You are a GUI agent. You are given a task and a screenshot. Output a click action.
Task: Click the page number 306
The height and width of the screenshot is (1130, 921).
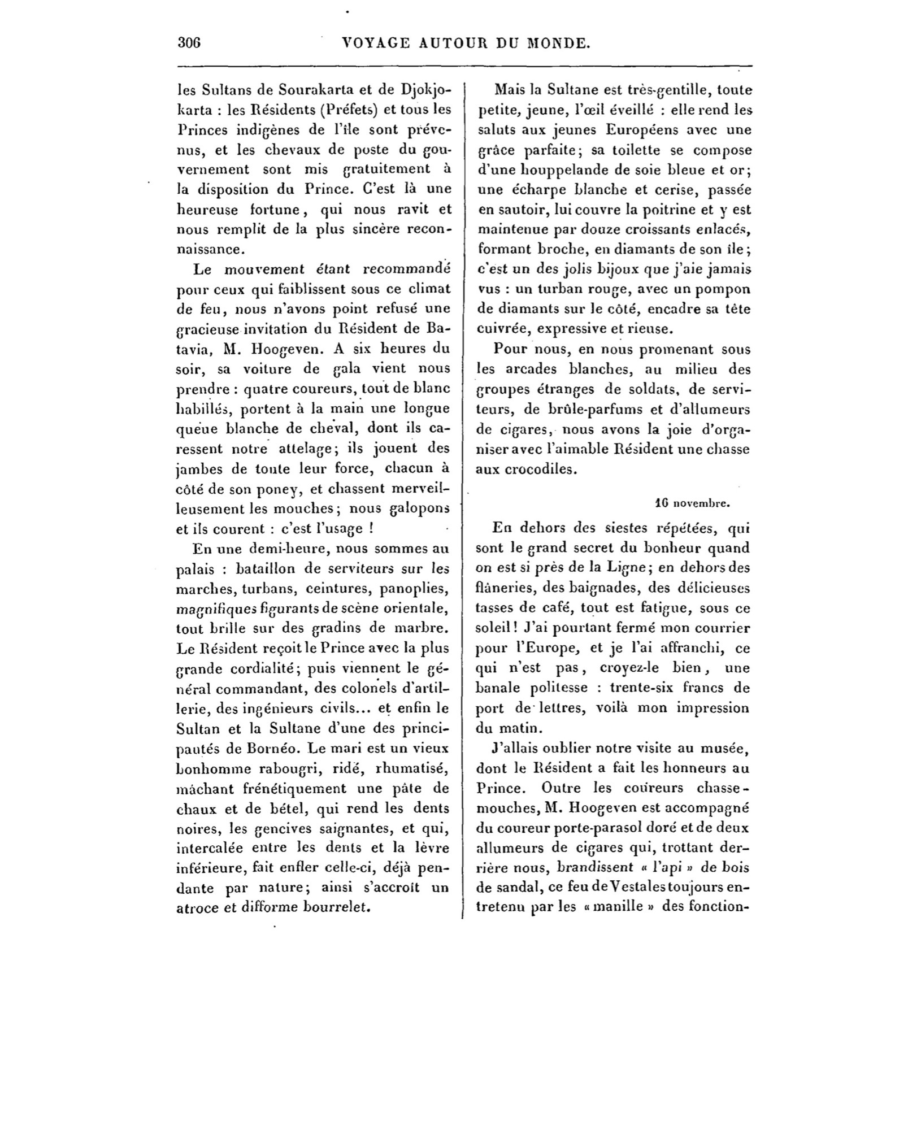(x=189, y=43)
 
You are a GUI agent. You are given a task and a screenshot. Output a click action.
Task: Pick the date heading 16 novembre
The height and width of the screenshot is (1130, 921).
(x=693, y=501)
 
